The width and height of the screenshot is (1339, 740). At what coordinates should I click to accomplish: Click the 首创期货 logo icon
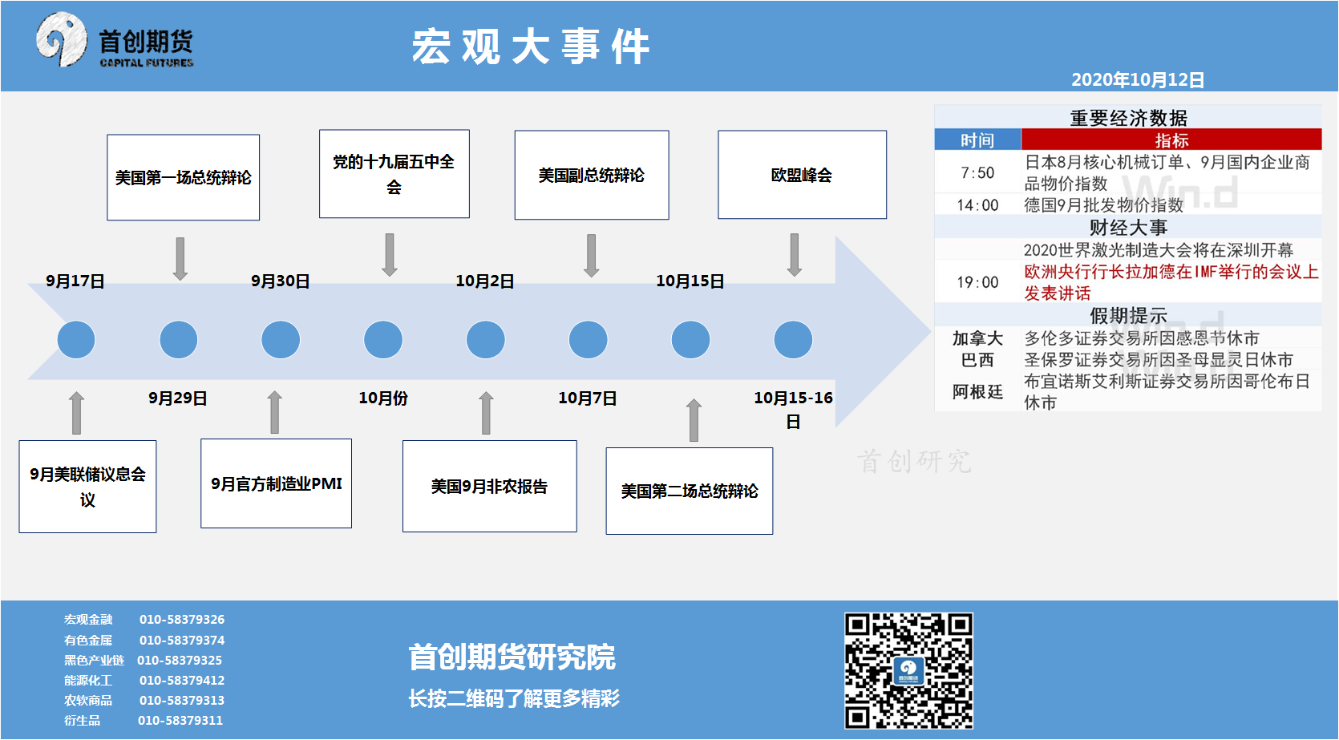pos(62,40)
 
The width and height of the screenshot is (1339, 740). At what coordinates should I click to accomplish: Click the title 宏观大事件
pos(531,46)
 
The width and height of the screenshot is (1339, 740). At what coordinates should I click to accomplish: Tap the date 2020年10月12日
pos(1138,79)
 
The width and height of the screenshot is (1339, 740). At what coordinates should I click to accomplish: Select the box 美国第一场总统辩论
pos(183,177)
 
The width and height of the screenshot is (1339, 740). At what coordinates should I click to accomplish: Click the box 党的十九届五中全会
pos(394,174)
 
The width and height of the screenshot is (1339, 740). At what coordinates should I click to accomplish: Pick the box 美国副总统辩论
pos(591,175)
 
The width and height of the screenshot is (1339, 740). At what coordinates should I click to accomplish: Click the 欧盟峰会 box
pos(802,175)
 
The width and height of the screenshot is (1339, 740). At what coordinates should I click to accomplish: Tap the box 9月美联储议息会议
pos(87,487)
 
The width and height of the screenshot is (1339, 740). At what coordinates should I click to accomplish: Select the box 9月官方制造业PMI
pos(276,483)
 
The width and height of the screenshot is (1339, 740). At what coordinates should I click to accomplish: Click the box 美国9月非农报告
pos(490,486)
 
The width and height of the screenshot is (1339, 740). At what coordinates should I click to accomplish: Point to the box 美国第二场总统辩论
pos(690,491)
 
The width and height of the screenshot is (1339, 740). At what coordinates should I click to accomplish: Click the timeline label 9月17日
pos(75,281)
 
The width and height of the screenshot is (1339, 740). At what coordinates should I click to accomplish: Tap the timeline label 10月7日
pos(588,398)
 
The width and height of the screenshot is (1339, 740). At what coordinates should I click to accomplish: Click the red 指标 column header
pos(1171,140)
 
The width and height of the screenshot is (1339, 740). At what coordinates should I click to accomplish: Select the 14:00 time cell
pos(977,205)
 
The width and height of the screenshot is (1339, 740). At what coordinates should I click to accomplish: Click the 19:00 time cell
pos(977,282)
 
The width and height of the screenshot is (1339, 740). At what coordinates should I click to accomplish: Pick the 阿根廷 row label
pos(977,391)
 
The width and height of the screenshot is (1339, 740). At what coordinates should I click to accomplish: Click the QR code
pos(908,671)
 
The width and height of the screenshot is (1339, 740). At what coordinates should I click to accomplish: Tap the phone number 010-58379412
pos(182,680)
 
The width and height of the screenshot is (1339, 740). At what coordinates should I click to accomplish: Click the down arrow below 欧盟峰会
pos(795,255)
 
